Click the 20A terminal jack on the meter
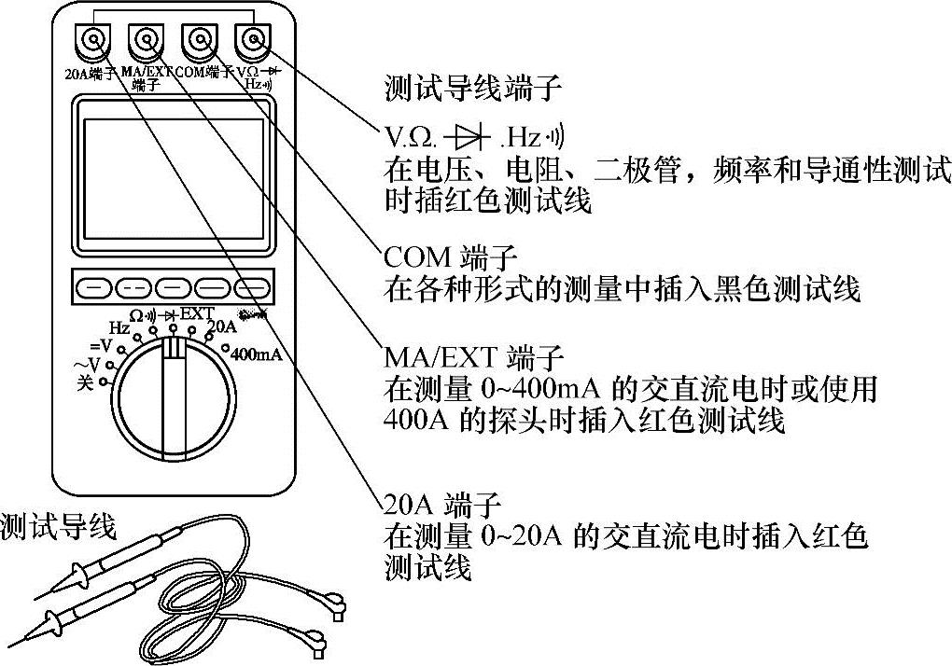tap(92, 41)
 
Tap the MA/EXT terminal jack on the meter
tap(146, 40)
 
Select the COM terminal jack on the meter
tap(198, 40)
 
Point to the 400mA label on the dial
tap(254, 355)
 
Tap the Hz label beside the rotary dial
tap(119, 328)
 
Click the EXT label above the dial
tap(196, 312)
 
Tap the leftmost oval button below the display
tap(91, 286)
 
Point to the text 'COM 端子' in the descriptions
tap(438, 256)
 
